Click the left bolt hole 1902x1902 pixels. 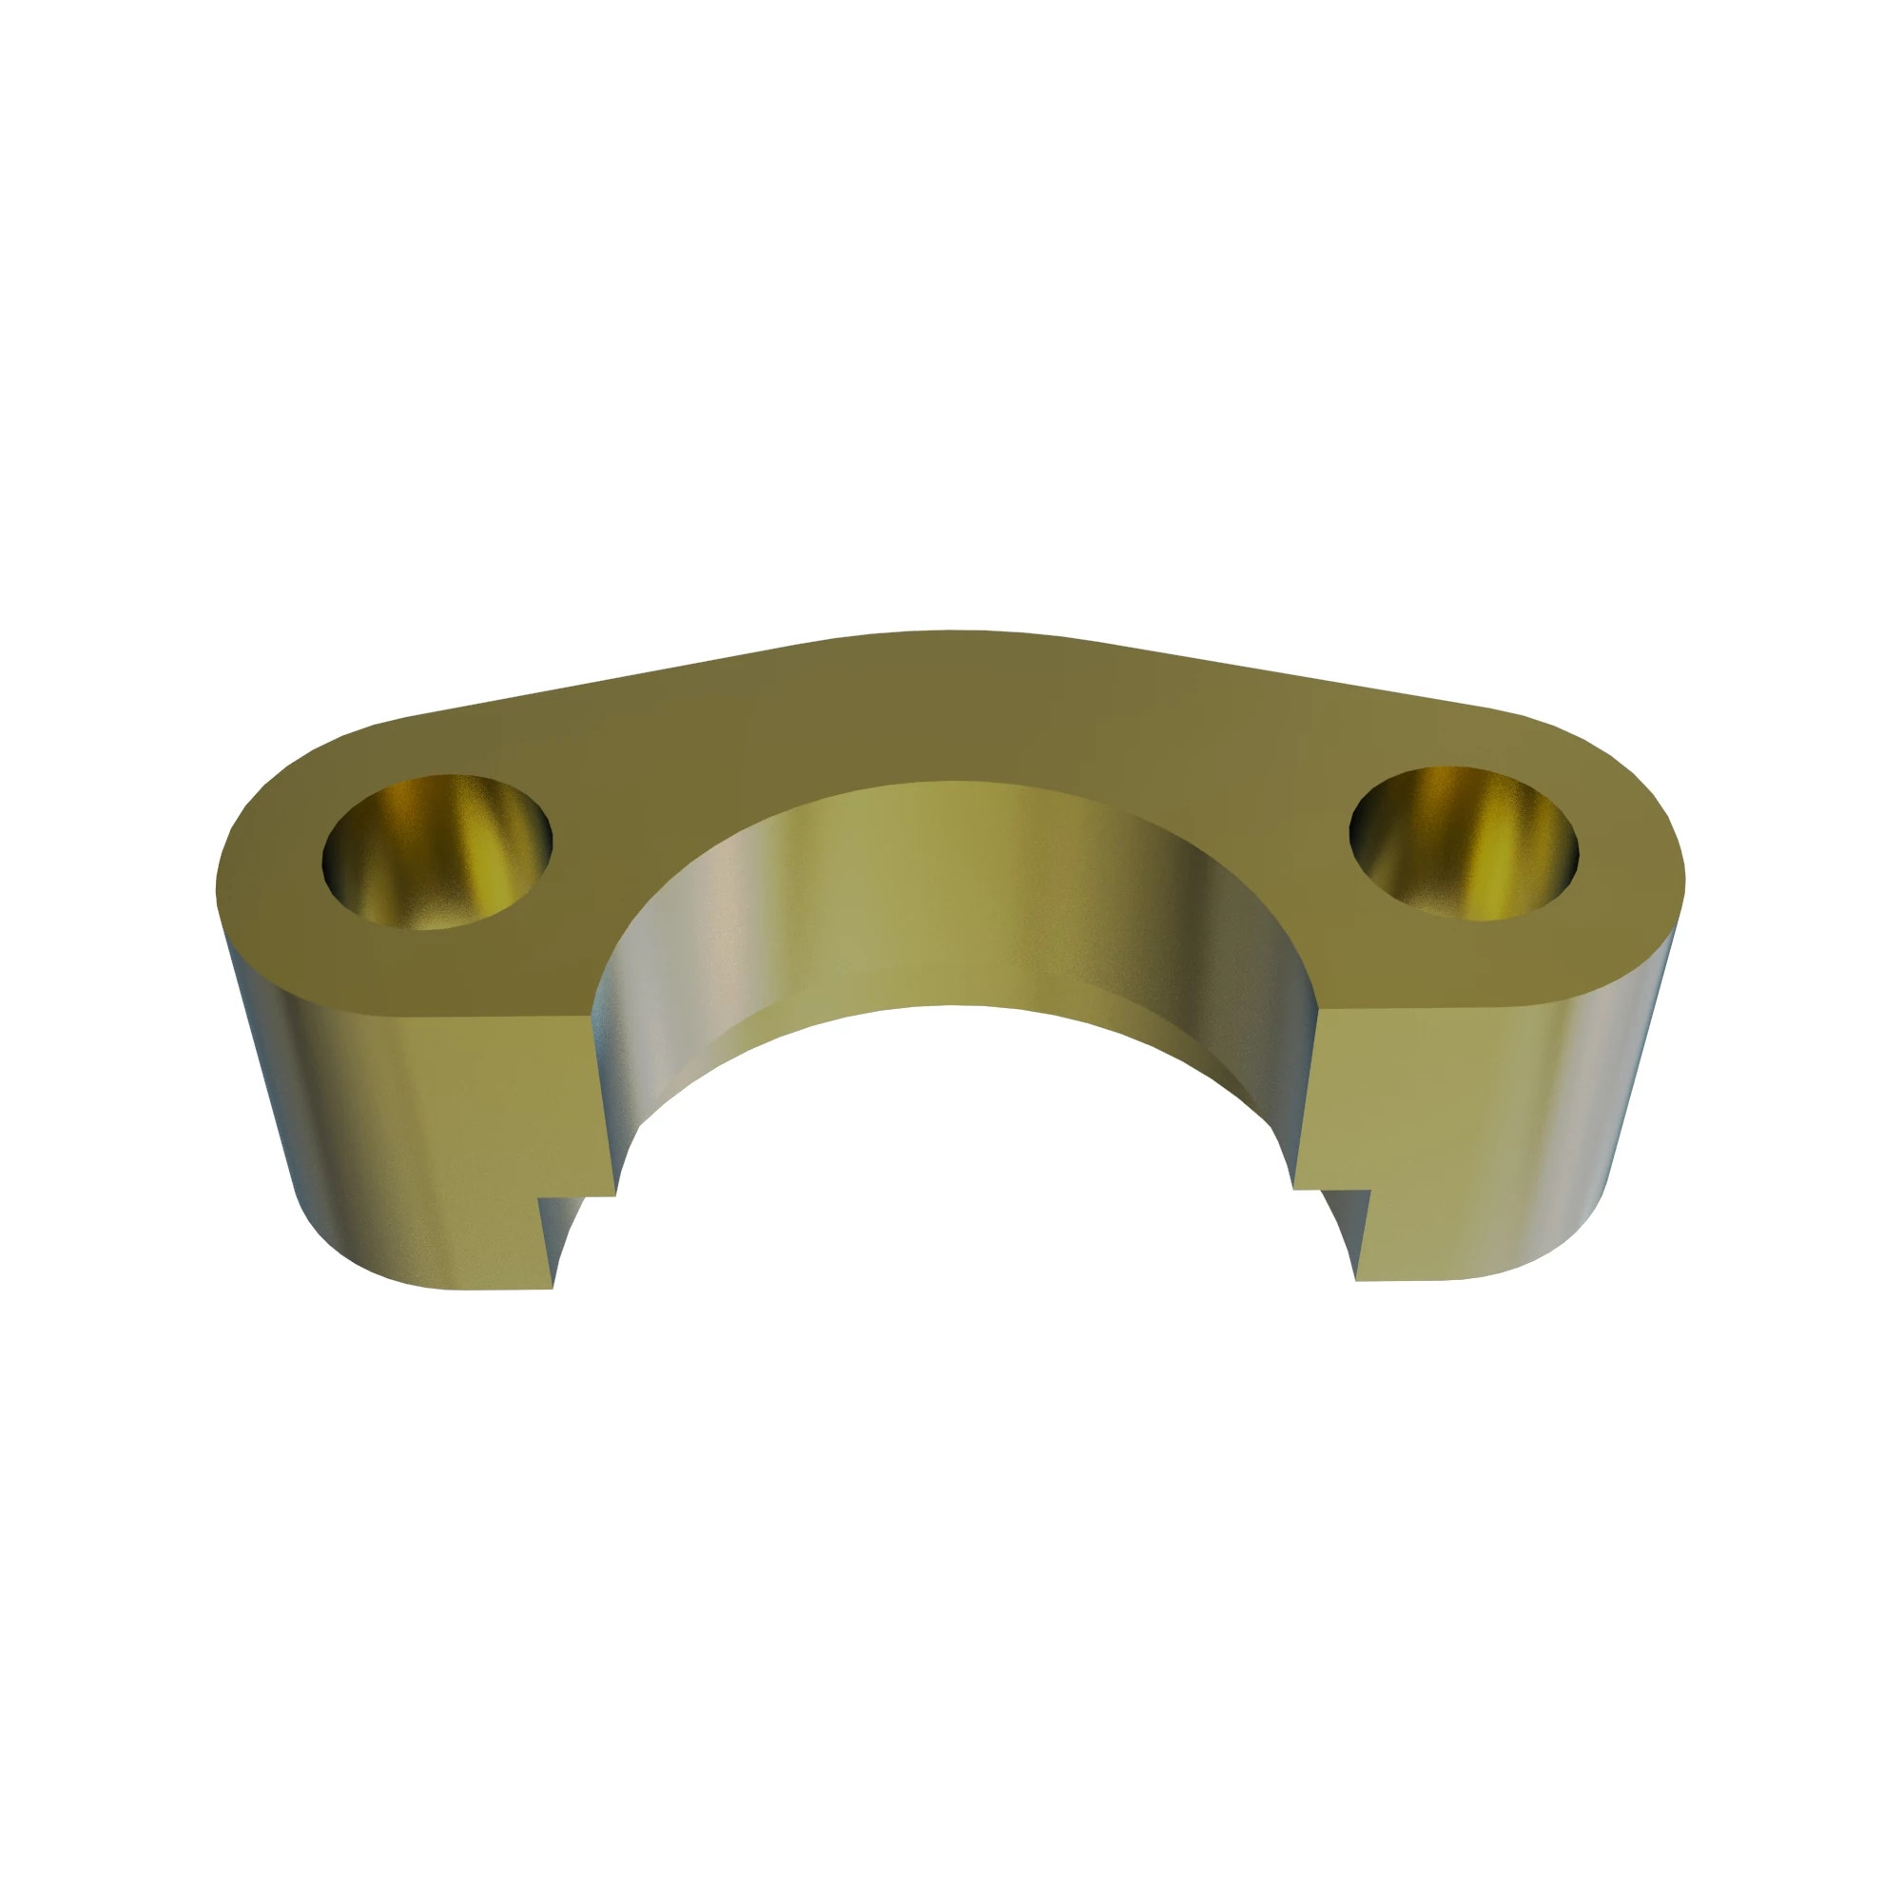(437, 851)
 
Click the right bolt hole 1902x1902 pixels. (1463, 844)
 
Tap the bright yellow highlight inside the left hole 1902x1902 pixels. (493, 866)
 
